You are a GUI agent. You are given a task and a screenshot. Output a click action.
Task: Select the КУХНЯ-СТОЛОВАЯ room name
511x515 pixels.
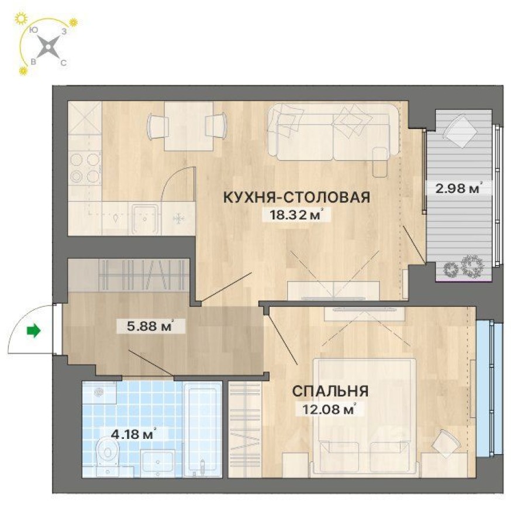point(296,197)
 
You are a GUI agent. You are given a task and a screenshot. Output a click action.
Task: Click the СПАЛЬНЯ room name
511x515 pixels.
point(330,391)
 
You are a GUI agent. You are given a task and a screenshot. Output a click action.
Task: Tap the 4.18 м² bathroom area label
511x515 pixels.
point(133,434)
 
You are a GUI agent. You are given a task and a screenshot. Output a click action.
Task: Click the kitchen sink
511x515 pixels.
point(144,216)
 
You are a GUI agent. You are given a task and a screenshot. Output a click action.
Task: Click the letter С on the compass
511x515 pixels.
point(63,62)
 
